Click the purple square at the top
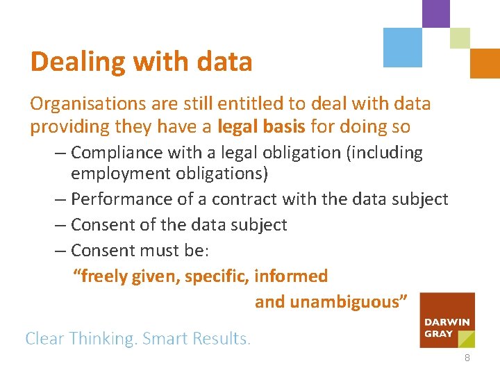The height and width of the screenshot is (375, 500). [x=435, y=13]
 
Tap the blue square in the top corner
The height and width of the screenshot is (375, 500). [x=403, y=47]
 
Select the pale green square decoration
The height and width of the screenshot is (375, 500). [x=460, y=37]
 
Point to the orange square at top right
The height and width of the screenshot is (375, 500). [x=485, y=63]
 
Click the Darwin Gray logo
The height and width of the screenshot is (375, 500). [x=448, y=319]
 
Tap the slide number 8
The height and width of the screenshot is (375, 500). [x=467, y=358]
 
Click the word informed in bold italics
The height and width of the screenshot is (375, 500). [x=291, y=276]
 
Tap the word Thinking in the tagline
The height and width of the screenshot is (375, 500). [x=103, y=339]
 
